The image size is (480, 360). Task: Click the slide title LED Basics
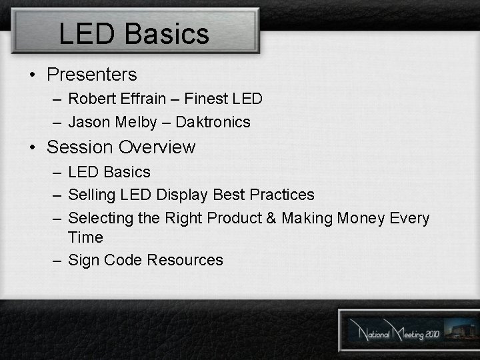(x=134, y=33)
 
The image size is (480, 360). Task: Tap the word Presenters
(x=91, y=75)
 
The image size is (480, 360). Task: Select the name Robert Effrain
(x=117, y=99)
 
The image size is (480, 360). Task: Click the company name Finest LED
(x=223, y=99)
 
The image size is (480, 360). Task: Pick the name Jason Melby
(x=113, y=122)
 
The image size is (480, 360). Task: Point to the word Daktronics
(x=213, y=122)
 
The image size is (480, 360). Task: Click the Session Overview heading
(x=121, y=147)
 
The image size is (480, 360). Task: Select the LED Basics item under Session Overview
(x=109, y=172)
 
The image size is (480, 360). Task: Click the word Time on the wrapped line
(x=85, y=237)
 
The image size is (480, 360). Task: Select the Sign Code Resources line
(x=145, y=260)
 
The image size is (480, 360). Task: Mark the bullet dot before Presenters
(x=33, y=75)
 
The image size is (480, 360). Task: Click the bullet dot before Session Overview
(x=33, y=147)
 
